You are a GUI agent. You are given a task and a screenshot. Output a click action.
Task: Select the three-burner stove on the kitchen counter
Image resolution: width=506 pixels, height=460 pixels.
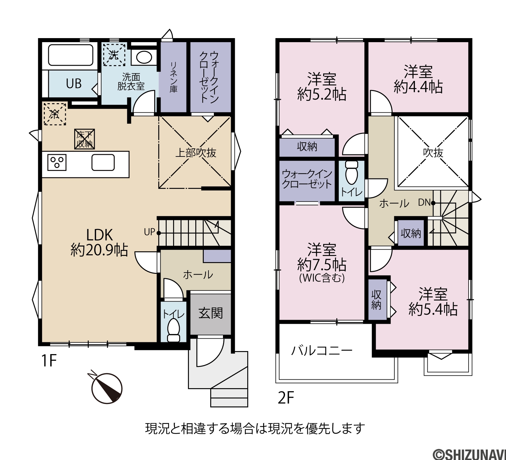57,163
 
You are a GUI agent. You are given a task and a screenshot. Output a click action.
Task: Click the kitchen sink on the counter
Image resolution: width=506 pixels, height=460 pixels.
103,163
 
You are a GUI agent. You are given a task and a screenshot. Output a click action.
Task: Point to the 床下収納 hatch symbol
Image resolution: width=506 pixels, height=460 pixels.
84,139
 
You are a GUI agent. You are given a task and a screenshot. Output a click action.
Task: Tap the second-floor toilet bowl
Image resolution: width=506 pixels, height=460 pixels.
352,173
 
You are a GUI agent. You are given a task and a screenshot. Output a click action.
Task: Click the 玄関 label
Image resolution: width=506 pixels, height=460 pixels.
210,314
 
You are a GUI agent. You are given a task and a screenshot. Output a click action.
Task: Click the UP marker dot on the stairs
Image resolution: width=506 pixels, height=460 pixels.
159,233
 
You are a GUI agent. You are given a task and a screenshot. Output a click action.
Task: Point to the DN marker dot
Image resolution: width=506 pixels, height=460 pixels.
433,203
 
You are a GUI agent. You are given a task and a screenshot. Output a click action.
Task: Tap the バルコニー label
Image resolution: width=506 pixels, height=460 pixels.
322,351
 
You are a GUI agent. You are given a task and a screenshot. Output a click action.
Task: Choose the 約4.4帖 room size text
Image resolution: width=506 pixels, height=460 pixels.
418,87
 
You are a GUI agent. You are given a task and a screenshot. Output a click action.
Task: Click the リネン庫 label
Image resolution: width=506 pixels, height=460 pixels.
173,77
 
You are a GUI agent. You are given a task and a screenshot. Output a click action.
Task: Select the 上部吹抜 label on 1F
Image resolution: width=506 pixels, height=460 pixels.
196,153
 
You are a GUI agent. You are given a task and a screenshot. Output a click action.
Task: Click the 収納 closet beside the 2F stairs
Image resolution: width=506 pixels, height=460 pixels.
411,233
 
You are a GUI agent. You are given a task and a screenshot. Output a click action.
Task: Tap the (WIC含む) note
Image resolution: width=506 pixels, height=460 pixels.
322,278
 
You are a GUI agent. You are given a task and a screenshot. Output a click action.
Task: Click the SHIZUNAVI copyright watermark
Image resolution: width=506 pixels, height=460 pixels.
469,454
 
